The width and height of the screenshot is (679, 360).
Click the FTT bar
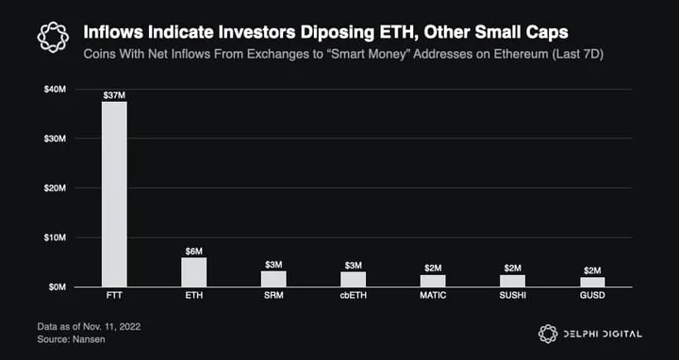pos(114,194)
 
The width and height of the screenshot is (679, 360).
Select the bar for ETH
pos(194,272)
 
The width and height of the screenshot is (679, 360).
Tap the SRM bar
pos(273,279)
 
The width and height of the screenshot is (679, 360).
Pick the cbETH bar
pos(354,280)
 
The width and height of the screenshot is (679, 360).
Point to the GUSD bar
pos(592,282)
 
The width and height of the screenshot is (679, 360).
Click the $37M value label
pos(114,95)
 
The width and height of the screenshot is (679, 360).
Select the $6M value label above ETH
pos(194,251)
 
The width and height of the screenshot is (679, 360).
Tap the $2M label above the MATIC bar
pos(433,269)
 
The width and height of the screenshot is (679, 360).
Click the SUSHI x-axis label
pos(513,297)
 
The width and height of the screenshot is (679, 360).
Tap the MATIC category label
pos(433,297)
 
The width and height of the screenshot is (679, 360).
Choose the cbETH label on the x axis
pos(354,297)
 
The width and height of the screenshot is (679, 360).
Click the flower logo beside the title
pos(53,37)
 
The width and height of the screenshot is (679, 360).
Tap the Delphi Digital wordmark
pos(603,334)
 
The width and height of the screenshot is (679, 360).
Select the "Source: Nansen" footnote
pos(71,339)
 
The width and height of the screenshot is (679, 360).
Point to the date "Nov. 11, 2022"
pos(111,327)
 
